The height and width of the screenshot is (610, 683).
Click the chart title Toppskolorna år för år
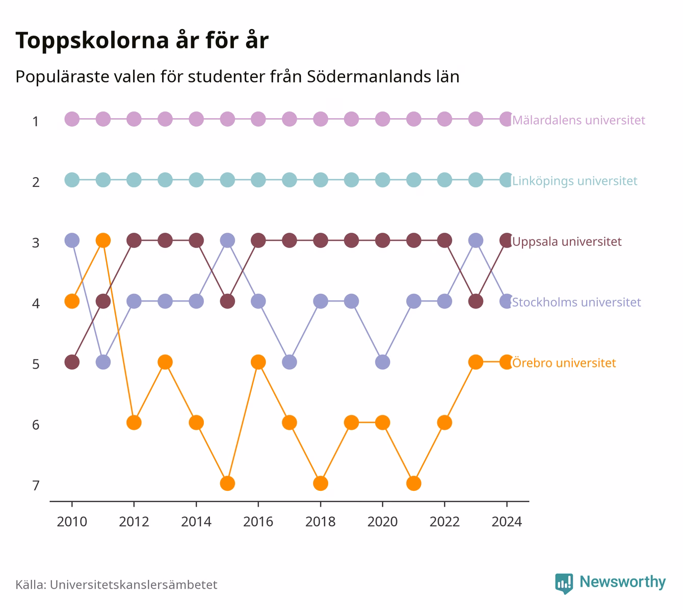pos(142,40)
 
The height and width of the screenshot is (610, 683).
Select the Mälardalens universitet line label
pos(579,120)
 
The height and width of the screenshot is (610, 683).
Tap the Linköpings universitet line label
pos(574,181)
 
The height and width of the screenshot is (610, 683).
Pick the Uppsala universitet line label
pos(567,241)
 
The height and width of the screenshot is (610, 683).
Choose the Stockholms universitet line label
pos(576,302)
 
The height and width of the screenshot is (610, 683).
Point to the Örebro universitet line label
pos(564,363)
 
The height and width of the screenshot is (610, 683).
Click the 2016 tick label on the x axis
pos(258,522)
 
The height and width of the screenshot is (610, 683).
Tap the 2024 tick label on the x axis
pos(507,522)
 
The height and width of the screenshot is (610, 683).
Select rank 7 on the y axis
pos(36,486)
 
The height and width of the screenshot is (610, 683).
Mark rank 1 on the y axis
pos(36,121)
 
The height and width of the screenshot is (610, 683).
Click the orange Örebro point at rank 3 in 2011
pos(103,240)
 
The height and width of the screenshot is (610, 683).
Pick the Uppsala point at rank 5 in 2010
pos(72,362)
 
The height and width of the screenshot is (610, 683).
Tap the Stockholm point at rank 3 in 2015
pos(227,240)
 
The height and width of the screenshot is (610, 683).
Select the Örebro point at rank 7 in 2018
pos(321,483)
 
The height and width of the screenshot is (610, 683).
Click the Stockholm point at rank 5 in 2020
pos(383,362)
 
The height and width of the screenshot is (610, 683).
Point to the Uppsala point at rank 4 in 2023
pos(476,301)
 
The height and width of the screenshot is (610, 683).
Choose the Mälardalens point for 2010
pos(72,119)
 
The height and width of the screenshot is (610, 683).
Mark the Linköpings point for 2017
pos(289,180)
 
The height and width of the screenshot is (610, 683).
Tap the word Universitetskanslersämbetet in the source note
pos(134,585)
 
